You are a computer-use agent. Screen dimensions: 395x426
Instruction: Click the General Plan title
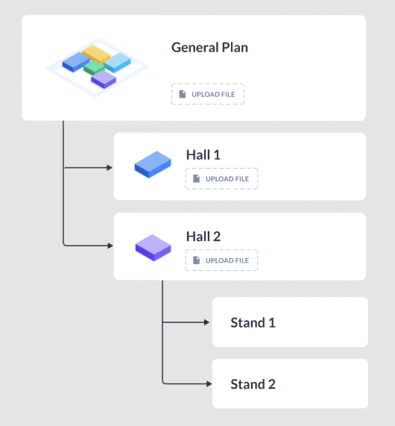coord(209,48)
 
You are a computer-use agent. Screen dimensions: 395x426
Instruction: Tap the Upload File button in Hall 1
coord(221,178)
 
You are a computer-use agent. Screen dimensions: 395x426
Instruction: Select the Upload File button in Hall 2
coord(221,260)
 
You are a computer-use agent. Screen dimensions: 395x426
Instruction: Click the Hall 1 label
coord(203,155)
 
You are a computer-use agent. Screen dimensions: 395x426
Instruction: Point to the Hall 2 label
coord(203,237)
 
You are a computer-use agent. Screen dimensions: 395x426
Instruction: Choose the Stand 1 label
coord(253,323)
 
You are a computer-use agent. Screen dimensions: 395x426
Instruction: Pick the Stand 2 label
coord(253,384)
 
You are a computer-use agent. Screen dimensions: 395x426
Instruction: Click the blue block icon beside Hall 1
coord(153,165)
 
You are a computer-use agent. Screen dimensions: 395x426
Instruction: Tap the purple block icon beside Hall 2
coord(153,248)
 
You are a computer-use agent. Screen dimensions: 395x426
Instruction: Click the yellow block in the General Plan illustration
coord(96,54)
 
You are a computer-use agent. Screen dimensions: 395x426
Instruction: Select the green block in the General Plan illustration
coord(94,67)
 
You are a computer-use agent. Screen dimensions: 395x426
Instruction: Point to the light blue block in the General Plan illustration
coord(117,62)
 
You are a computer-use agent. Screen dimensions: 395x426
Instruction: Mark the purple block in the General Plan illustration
coord(104,79)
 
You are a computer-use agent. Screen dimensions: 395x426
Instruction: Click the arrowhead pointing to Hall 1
coord(110,168)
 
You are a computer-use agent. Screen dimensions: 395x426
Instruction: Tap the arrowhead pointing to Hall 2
coord(110,245)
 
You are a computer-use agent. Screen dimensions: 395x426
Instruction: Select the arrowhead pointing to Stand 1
coord(207,322)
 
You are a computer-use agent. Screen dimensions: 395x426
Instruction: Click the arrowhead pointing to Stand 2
coord(209,383)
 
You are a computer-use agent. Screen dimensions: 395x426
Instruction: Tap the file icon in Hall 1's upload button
coord(196,178)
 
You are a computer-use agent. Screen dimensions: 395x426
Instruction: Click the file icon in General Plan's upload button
coord(183,94)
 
